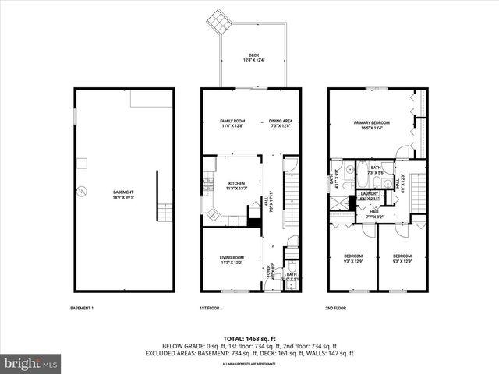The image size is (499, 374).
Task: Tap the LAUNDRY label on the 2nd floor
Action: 369,196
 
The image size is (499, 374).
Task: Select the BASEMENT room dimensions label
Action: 123,197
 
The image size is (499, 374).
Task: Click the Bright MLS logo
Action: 31,363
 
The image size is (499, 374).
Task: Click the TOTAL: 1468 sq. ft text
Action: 249,338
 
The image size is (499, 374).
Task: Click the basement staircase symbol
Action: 163,211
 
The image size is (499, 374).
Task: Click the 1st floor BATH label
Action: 290,273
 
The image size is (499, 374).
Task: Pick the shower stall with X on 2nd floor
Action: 338,201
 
